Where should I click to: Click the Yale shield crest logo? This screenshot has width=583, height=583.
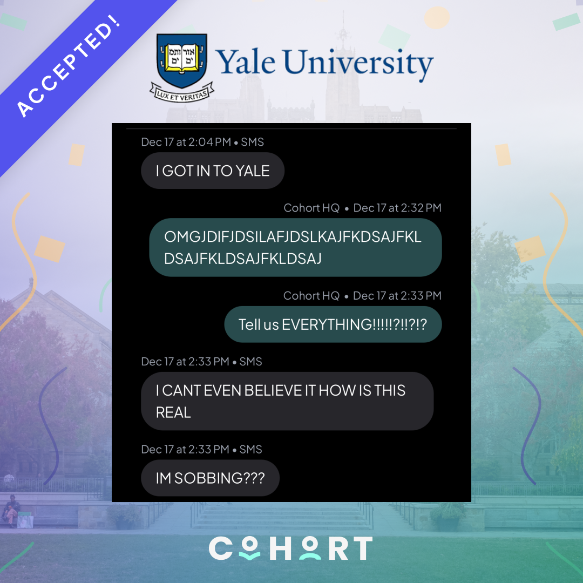tap(181, 60)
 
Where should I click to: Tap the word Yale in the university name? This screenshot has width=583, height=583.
tap(247, 63)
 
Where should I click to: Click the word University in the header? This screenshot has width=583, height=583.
tap(359, 64)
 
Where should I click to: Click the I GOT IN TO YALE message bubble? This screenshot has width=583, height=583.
tap(212, 171)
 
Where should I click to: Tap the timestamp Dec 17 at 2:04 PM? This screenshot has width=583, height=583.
tap(186, 142)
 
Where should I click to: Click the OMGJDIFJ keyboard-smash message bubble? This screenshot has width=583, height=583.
tap(295, 247)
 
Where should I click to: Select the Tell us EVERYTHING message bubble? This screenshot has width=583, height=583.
tap(333, 324)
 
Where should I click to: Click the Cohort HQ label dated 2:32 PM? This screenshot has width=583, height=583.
tap(311, 208)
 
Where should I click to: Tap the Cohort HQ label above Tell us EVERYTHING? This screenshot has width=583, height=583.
tap(311, 296)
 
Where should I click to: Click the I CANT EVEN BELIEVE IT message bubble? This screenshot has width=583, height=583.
tap(287, 401)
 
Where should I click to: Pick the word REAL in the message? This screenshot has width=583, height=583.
tap(173, 412)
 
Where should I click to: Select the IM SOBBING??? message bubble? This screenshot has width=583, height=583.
tap(210, 478)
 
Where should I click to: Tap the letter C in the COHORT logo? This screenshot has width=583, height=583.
tap(220, 548)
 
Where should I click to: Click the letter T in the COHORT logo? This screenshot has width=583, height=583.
tap(361, 548)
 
